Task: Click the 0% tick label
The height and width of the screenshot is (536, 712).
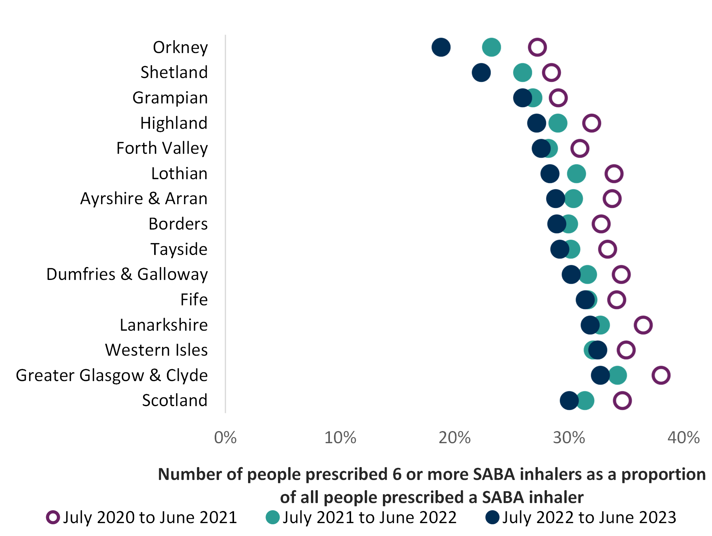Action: [x=225, y=438]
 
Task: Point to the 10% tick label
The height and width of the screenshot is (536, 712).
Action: [x=340, y=438]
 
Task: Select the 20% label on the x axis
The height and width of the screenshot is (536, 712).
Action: [x=454, y=438]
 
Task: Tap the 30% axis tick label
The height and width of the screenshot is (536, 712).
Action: [x=569, y=438]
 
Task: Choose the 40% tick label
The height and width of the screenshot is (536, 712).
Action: [x=683, y=438]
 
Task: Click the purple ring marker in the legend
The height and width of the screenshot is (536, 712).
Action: [x=53, y=517]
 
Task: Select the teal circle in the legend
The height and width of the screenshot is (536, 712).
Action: [x=273, y=517]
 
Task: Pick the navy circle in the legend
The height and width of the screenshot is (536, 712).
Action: [x=492, y=517]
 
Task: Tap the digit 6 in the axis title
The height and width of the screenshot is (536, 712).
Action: [x=397, y=474]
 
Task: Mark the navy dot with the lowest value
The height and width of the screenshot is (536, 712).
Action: [x=441, y=47]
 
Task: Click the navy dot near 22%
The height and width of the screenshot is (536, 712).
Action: [x=481, y=72]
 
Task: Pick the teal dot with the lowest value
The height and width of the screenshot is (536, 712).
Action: [x=492, y=47]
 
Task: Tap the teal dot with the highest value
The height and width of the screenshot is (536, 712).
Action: [x=618, y=375]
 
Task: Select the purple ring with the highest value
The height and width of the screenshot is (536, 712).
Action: [x=661, y=375]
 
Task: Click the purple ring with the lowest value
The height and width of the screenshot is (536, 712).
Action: [x=537, y=47]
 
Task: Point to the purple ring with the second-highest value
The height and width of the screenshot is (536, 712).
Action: [x=643, y=325]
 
